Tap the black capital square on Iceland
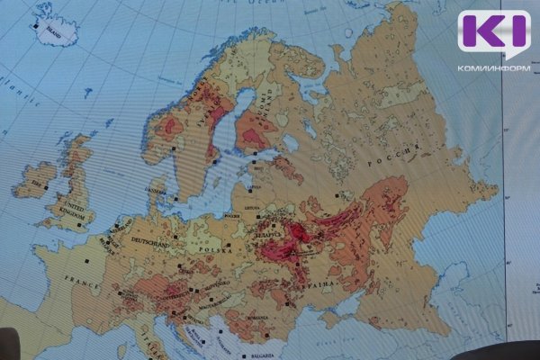(37, 27)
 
